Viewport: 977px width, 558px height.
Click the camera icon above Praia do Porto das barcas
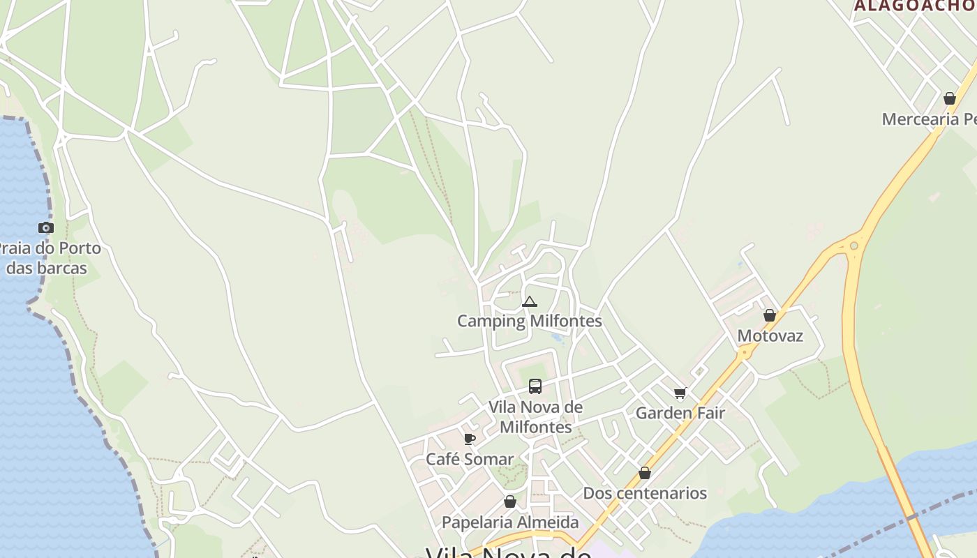[46, 227]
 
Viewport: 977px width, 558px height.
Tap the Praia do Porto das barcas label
[49, 258]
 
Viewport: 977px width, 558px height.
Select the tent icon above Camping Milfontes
[530, 302]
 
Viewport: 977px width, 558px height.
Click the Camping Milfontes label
[529, 321]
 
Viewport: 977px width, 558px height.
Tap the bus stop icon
[535, 386]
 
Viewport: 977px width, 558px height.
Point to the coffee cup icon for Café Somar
[470, 439]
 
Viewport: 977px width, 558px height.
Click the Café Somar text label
[470, 459]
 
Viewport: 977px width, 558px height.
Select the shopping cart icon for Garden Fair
[680, 393]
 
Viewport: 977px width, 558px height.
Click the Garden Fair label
[680, 413]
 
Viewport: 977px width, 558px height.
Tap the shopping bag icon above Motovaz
[770, 315]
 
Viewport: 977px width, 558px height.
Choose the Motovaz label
[770, 335]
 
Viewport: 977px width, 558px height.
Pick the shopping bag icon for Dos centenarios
[645, 473]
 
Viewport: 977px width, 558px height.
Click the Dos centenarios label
[645, 493]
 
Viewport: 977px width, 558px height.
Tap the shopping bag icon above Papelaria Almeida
[510, 502]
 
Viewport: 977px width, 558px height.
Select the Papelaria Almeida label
[510, 522]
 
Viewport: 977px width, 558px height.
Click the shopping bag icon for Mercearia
[950, 98]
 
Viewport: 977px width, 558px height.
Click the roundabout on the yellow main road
[854, 246]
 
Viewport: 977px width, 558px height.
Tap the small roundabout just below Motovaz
[745, 354]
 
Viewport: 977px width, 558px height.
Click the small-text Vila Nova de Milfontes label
[535, 416]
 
